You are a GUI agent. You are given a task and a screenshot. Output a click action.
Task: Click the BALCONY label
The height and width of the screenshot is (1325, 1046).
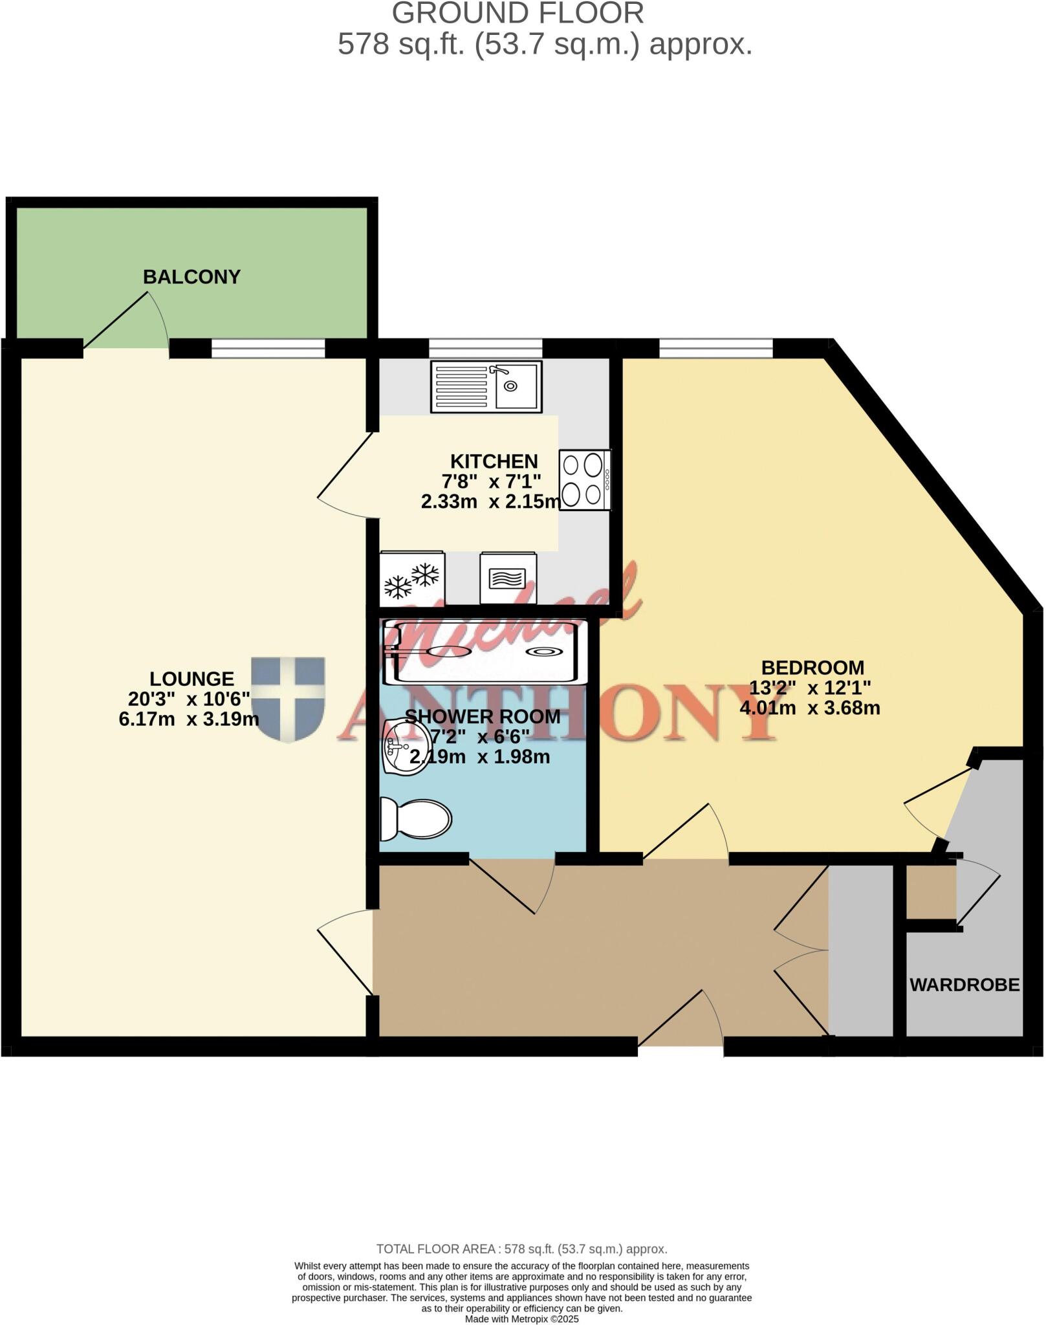tap(191, 277)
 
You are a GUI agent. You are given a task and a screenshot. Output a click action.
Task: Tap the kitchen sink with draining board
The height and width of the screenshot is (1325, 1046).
tap(486, 386)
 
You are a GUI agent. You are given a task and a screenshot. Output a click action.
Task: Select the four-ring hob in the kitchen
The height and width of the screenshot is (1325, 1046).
tap(583, 480)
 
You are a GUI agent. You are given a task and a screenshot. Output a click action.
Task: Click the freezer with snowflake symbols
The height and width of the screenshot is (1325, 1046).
tap(411, 578)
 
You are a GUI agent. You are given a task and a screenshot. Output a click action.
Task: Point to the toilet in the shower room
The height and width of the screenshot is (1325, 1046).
tap(415, 819)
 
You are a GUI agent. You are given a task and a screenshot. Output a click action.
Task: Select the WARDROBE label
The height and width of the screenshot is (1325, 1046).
tap(964, 985)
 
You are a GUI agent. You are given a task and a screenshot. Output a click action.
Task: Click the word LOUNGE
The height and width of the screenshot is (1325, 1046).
tap(191, 679)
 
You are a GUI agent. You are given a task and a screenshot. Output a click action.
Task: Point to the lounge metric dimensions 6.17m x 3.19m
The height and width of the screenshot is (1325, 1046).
tap(189, 719)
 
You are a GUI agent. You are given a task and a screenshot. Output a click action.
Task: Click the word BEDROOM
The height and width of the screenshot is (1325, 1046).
tap(812, 667)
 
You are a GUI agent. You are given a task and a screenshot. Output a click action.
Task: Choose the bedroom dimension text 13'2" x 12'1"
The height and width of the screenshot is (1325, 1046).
tap(810, 687)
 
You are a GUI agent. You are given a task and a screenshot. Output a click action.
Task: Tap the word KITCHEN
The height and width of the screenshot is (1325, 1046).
tap(494, 461)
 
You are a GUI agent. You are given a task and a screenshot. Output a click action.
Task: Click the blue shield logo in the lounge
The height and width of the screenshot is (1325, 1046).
tap(288, 699)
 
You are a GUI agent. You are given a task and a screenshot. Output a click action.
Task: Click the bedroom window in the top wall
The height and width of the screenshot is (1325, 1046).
tap(716, 349)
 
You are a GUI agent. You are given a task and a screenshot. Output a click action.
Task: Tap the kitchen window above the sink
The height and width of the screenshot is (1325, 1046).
tap(485, 349)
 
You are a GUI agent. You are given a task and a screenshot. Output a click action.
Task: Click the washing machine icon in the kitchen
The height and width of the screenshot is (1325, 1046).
tap(507, 578)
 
